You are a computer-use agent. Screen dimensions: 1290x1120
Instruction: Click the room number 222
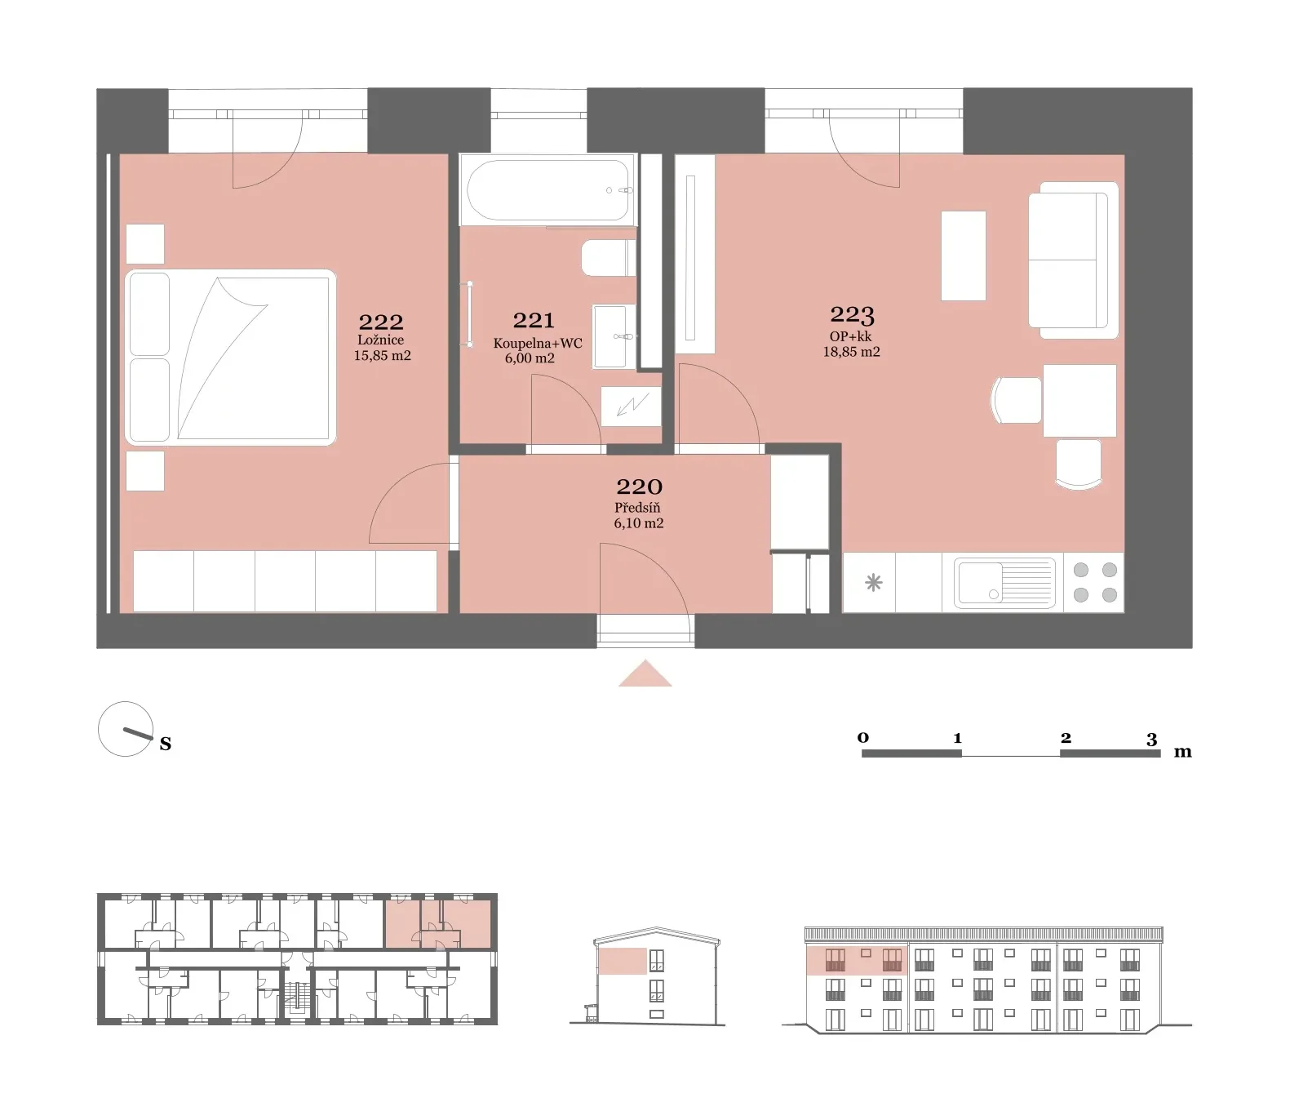381,322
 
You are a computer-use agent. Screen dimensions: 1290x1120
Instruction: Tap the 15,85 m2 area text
382,355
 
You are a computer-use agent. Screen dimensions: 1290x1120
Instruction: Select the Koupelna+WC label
538,343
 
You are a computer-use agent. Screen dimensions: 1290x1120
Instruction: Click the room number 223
852,313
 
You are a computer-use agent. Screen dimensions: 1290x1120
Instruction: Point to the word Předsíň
637,507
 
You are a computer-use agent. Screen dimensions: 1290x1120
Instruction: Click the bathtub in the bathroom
547,190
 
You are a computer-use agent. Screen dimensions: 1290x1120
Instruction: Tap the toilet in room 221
609,258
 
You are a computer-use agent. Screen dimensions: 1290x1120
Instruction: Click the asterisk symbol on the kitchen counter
873,583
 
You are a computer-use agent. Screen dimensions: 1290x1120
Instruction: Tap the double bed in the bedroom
231,357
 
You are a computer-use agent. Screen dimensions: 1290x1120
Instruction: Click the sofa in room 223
1073,260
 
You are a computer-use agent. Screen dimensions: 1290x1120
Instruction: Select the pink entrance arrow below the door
645,674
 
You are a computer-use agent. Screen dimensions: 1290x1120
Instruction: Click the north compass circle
125,729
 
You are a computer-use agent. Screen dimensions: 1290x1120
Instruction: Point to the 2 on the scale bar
1066,737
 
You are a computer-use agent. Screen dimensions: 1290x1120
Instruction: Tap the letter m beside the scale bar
1182,752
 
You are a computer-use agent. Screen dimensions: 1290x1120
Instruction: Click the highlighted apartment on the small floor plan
438,923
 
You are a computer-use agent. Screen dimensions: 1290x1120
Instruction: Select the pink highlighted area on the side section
623,961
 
